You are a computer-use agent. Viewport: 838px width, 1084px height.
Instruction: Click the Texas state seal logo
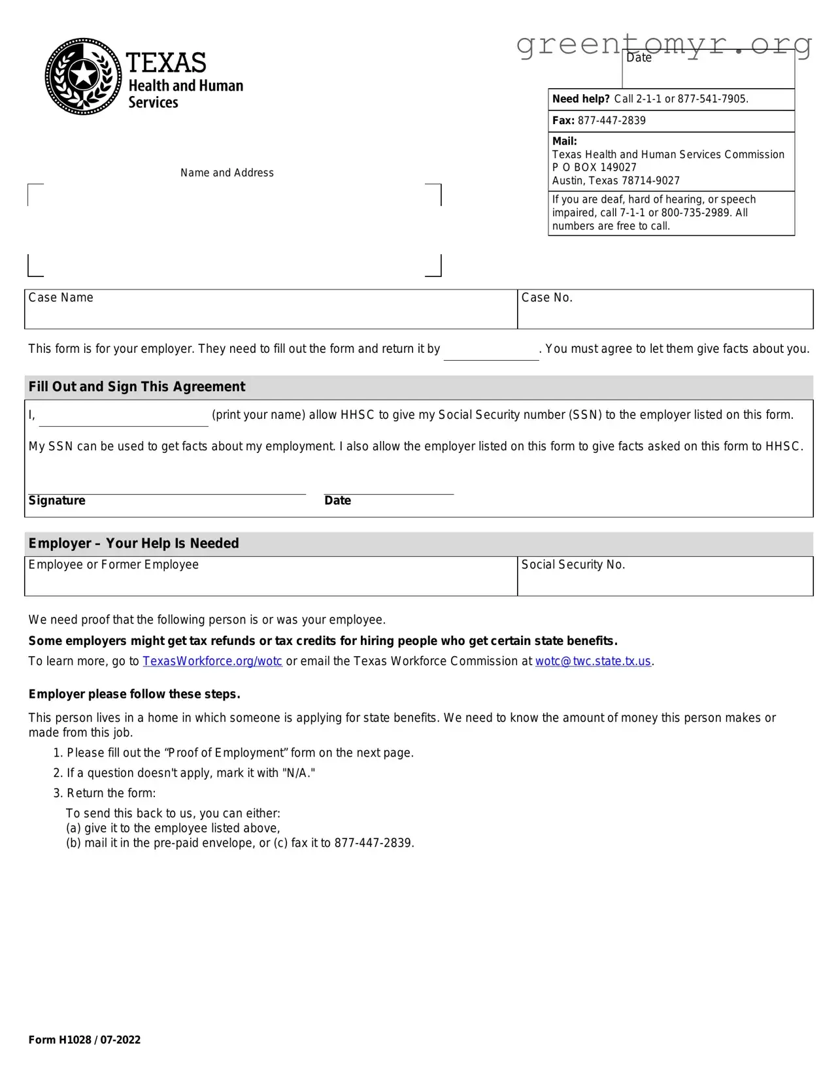83,76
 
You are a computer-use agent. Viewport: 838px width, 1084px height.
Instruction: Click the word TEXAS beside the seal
166,63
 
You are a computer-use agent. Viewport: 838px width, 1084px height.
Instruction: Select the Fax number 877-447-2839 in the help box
611,121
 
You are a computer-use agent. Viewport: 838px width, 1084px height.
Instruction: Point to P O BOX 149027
594,167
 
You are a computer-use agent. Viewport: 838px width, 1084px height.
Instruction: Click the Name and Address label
227,173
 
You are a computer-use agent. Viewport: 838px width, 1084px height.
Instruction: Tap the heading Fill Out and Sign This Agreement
137,387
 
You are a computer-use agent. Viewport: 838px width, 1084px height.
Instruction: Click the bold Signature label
57,501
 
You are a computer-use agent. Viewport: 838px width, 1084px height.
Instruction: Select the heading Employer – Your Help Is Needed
133,544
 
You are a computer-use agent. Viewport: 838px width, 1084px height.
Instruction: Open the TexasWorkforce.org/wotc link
212,661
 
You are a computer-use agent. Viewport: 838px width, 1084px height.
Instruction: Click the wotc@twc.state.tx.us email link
593,661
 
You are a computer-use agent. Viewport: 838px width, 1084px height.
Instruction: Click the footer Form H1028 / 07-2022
84,1040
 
